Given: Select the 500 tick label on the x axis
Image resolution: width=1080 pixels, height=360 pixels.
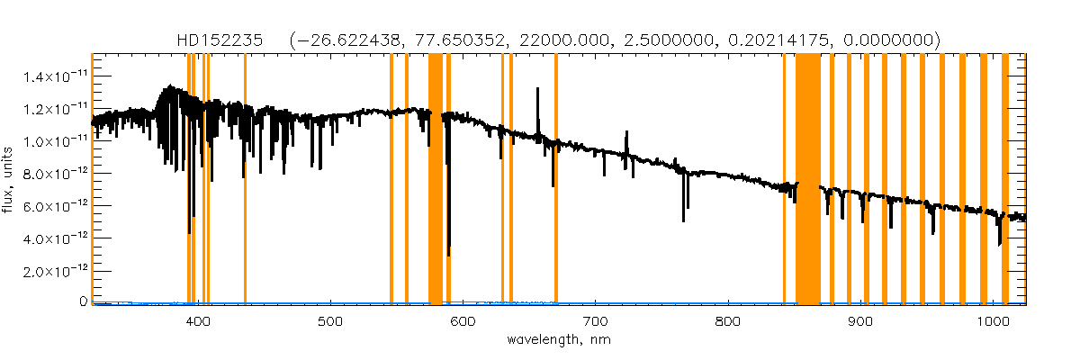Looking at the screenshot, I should pos(330,321).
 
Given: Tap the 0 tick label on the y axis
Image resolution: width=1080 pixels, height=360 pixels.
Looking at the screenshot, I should pos(82,302).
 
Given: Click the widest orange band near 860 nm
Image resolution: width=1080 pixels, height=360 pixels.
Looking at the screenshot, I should pos(808,180).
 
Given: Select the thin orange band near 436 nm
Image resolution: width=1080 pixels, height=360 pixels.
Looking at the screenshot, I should pos(246,180).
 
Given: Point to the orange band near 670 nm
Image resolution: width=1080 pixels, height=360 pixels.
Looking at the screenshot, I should pos(556,180).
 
